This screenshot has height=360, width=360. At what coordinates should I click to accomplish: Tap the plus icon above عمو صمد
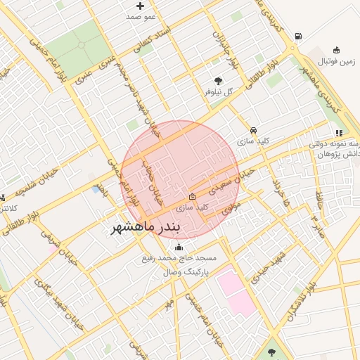click(141, 6)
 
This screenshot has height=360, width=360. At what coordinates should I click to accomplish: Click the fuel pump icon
click(299, 37)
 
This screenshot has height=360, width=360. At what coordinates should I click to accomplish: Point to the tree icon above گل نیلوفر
click(219, 81)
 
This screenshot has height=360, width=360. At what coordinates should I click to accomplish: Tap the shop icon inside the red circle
click(193, 197)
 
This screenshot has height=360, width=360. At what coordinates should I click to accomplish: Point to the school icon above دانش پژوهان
click(338, 132)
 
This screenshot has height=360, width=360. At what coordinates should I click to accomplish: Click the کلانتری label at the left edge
click(9, 208)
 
